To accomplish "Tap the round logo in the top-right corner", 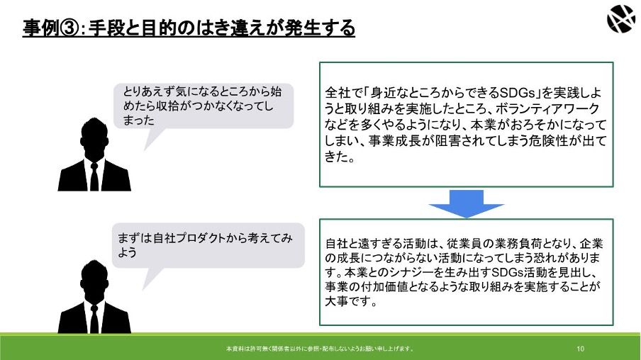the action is click(621, 18).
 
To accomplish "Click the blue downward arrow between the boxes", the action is click(466, 204).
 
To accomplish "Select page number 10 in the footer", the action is click(581, 349).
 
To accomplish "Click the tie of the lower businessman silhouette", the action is click(94, 319).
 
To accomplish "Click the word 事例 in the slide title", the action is click(41, 28).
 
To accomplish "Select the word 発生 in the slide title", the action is click(302, 28).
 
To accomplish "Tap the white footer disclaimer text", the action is click(320, 349).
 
